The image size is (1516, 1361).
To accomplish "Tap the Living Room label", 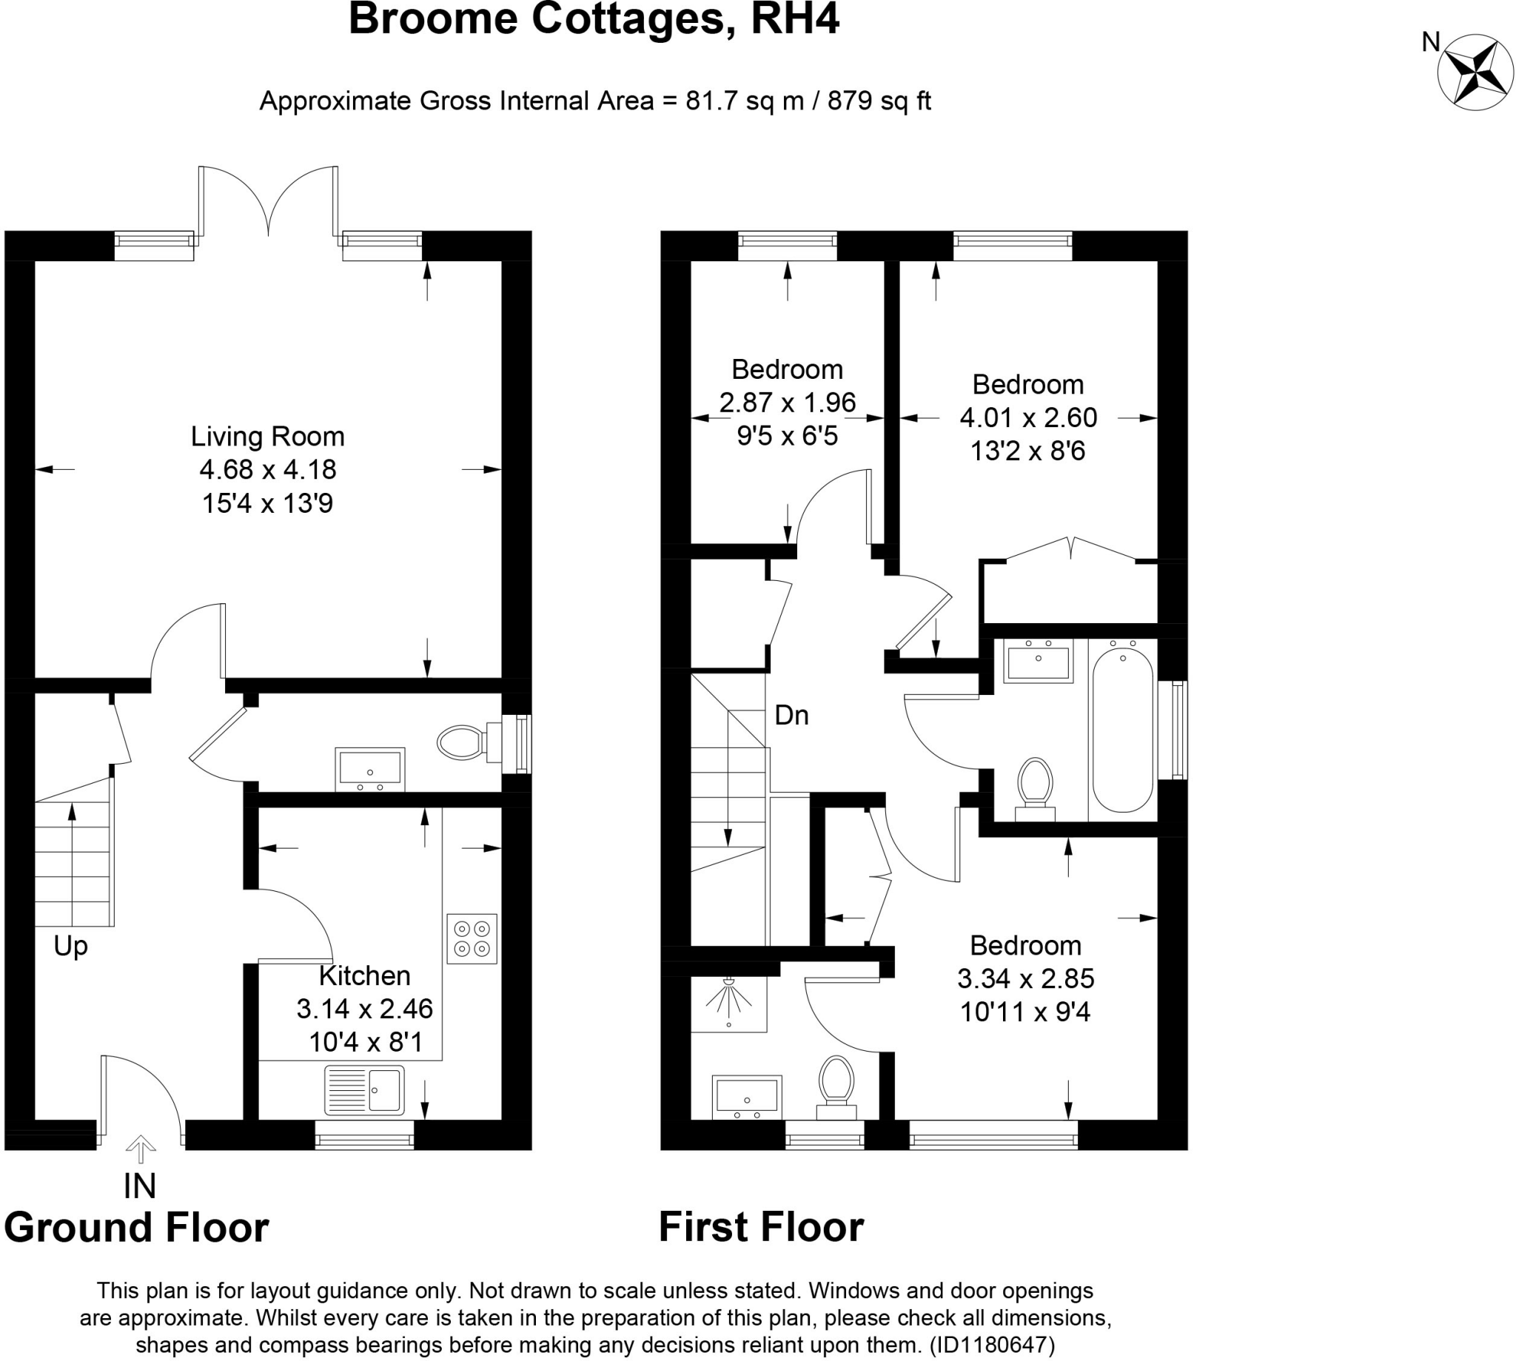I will point(267,436).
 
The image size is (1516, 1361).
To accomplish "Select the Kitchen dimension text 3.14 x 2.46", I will point(364,1009).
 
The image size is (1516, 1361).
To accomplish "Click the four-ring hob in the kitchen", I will point(472,938).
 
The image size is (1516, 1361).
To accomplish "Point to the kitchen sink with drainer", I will point(364,1089).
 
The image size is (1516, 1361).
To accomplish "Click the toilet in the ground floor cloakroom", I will point(462,742).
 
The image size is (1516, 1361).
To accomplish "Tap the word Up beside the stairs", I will point(71,946).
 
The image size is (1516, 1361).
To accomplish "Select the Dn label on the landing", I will point(791,716).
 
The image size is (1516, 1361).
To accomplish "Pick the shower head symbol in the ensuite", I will point(729,998).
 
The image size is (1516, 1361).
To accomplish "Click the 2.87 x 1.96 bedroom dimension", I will point(787,403).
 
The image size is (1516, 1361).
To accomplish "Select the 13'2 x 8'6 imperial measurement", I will point(1027,451).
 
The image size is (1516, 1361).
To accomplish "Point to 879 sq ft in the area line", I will point(879,100).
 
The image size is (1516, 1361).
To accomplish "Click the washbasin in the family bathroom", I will point(1037,661).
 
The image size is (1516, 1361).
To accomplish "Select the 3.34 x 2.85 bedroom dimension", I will point(1025,978).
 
